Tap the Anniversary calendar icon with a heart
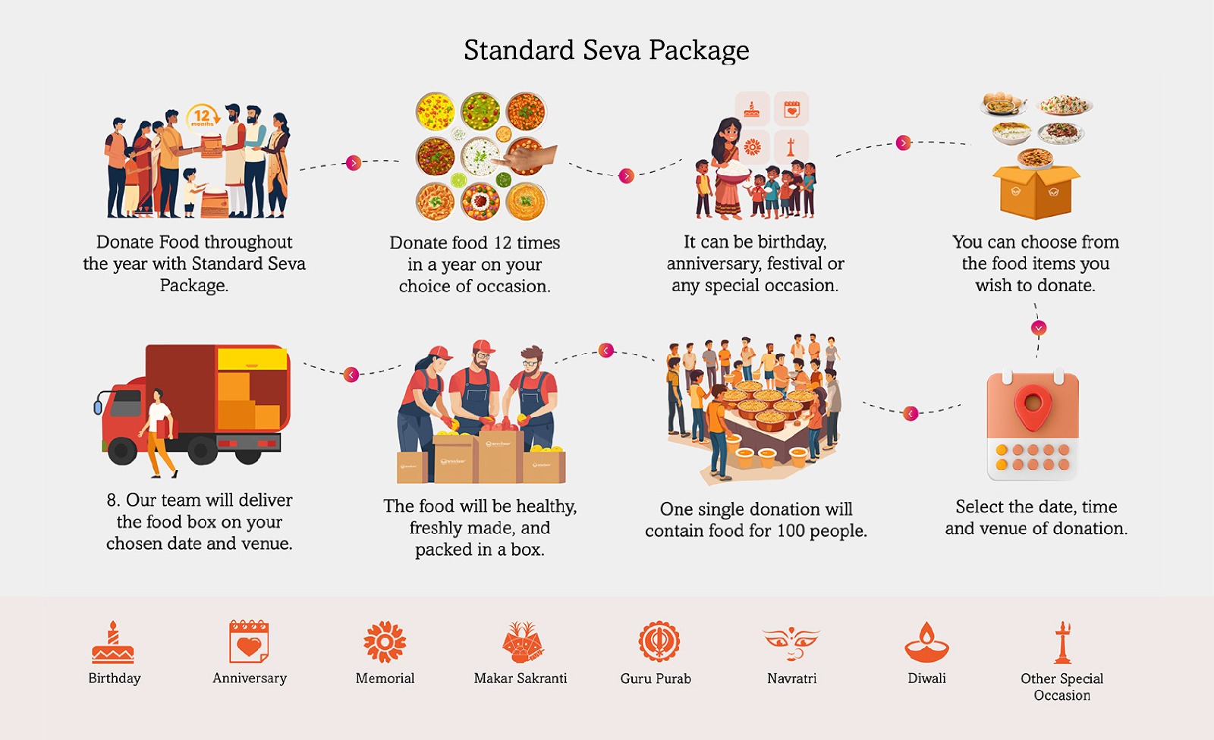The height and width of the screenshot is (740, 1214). point(249,642)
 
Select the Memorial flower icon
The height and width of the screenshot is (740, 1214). point(385,642)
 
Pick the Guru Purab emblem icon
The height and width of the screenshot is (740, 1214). point(659,641)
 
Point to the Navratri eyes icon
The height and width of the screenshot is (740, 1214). point(791,643)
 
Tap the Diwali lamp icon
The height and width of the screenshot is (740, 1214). point(926,642)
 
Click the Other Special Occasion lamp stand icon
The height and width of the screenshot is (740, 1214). point(1062,642)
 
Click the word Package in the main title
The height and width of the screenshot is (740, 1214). point(699,51)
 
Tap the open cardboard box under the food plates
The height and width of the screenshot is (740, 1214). point(1036,193)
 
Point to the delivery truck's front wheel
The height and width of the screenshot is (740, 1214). point(122,449)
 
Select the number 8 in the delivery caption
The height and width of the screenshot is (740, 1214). point(112,500)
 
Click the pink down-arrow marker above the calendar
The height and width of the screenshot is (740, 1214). point(1039,328)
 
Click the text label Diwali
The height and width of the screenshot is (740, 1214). point(926,679)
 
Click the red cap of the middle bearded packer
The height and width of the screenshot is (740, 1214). point(483,346)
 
